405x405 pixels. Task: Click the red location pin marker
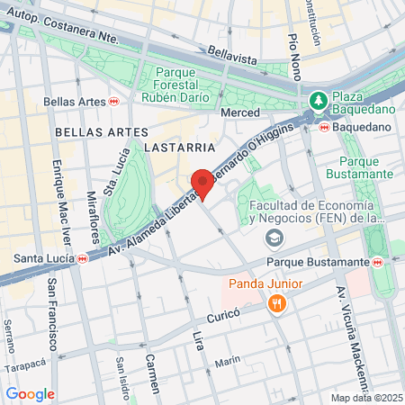tap(202, 183)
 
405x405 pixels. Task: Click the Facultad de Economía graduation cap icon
tap(274, 238)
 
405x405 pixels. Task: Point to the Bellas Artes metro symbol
tap(113, 102)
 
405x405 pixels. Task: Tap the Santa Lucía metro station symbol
tap(82, 258)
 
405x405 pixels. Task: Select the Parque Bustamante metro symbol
tap(379, 262)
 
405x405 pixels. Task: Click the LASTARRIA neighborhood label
tap(184, 146)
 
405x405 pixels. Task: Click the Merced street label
tap(240, 112)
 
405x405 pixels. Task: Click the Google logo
tap(30, 393)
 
